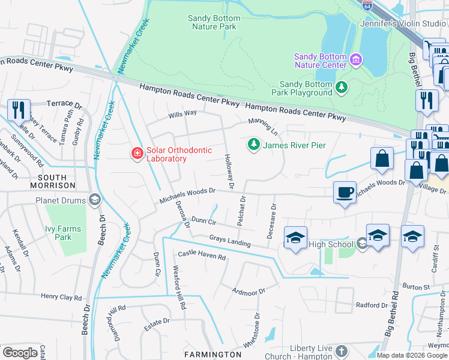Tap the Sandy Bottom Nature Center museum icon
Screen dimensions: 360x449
click(x=356, y=59)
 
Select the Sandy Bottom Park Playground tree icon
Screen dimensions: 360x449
click(x=342, y=88)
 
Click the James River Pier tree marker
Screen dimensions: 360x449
click(x=254, y=145)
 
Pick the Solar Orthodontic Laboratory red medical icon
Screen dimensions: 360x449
click(x=137, y=154)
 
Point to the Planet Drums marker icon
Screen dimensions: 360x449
click(x=94, y=200)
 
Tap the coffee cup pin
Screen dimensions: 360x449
click(x=345, y=192)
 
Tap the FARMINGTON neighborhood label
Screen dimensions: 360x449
click(x=212, y=355)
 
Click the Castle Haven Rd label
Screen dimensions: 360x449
click(x=202, y=256)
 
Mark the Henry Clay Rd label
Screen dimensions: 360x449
click(x=60, y=297)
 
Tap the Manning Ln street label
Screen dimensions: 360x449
click(x=263, y=126)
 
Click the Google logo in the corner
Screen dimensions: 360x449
click(x=20, y=353)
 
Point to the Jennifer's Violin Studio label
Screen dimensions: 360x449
click(x=411, y=23)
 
